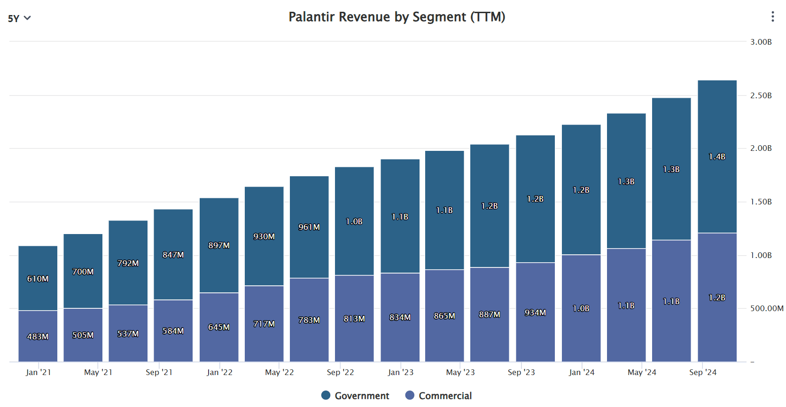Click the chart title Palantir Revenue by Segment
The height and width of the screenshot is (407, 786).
click(397, 17)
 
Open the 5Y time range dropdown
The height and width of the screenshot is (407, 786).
click(19, 18)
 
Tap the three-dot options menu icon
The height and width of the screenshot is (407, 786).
click(772, 17)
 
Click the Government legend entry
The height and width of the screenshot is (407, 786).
click(355, 396)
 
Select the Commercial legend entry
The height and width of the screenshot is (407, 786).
click(438, 396)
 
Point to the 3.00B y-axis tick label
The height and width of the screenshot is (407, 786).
click(761, 42)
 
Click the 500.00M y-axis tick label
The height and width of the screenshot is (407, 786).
click(766, 308)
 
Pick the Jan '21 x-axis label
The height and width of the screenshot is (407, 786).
click(38, 372)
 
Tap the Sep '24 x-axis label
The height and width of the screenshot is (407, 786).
click(702, 372)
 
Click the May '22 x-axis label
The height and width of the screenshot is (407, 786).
click(279, 372)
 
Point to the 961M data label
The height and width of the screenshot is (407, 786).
click(309, 227)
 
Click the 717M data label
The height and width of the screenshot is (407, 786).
click(264, 324)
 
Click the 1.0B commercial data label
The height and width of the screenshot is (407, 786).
click(581, 308)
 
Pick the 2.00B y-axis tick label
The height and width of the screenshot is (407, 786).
click(761, 149)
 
